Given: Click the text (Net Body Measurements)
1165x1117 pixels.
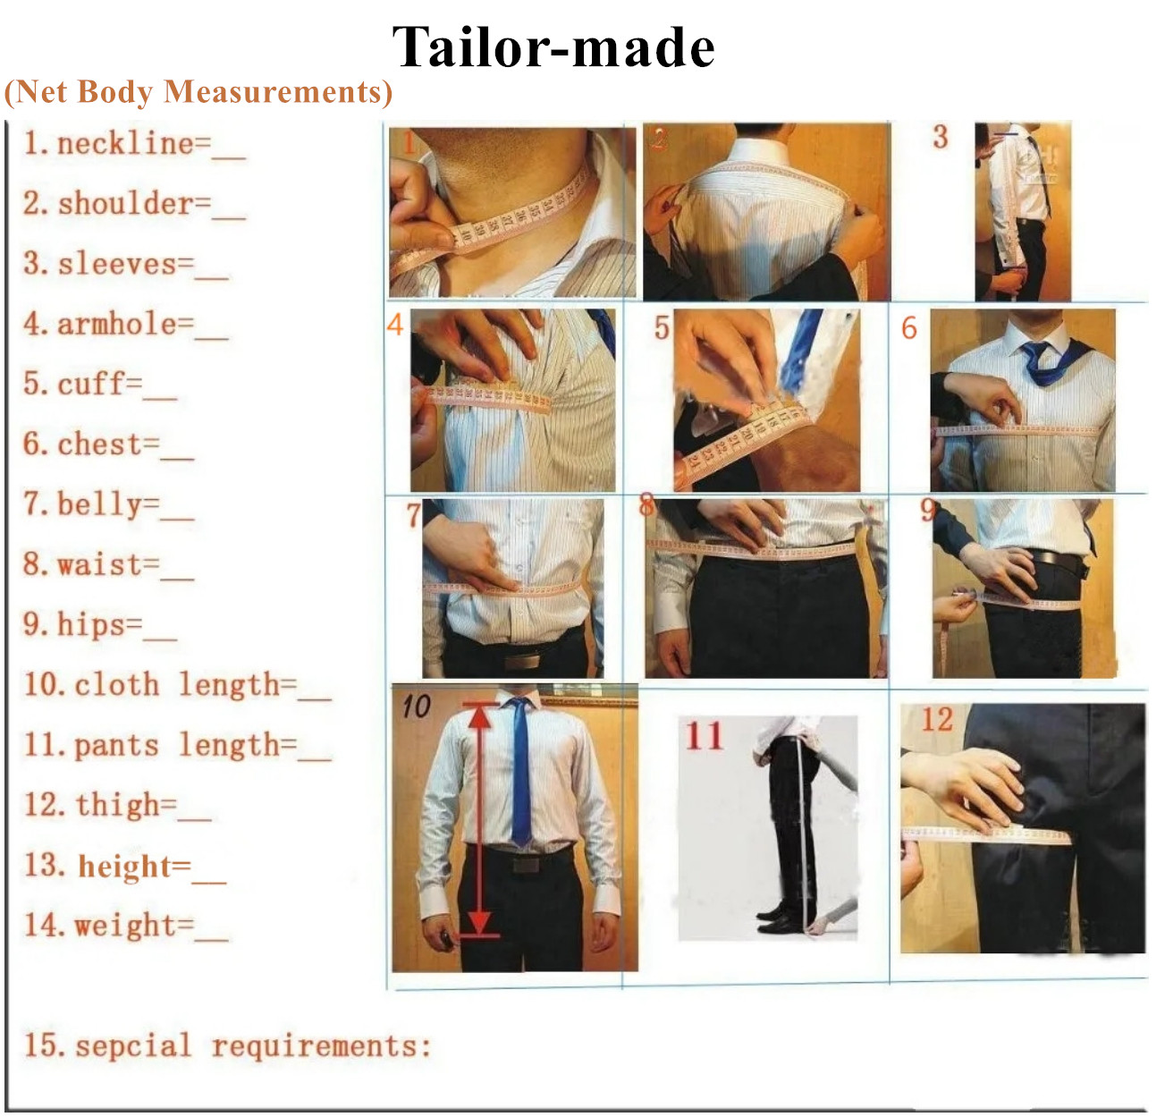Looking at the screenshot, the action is coord(198,92).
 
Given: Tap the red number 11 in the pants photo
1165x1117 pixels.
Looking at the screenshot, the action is coord(705,735).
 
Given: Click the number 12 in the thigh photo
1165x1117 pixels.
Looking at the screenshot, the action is coord(937,719).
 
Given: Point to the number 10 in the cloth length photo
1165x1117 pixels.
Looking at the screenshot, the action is coord(417,707).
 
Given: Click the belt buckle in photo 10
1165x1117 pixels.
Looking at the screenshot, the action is coord(528,864).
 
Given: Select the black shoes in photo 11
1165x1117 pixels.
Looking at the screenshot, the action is coord(778,922).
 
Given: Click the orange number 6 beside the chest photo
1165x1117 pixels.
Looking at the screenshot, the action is coord(908,328).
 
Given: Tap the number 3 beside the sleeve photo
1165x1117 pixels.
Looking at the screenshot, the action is coord(941,137).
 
